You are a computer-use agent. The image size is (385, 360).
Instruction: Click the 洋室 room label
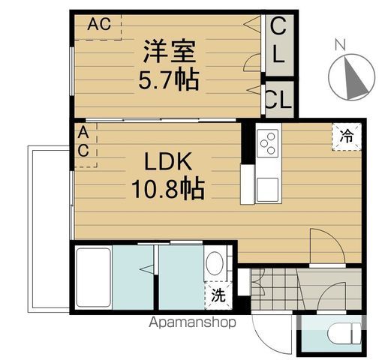coord(170,51)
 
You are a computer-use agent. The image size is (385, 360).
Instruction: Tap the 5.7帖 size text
coord(169,80)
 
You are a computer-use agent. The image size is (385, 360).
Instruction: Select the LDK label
coord(168,161)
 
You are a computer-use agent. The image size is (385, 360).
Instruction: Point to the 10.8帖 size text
coord(168,187)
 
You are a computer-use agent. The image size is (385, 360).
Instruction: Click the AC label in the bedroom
coord(99,24)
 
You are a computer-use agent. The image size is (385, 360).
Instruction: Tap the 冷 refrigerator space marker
coord(347,136)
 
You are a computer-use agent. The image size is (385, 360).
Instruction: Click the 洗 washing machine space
coord(218,295)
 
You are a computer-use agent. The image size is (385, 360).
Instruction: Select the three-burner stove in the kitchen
coord(268,143)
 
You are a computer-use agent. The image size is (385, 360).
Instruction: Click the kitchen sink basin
coord(267,190)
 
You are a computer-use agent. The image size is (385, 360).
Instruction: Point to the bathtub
coord(94,277)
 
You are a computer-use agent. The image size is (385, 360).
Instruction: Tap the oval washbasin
coord(215,263)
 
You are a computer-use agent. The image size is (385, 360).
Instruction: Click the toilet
coord(344,333)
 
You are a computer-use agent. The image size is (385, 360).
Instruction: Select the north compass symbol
coord(352,77)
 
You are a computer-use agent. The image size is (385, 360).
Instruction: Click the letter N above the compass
coord(340,44)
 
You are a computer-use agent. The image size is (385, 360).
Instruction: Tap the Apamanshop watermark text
coord(192,322)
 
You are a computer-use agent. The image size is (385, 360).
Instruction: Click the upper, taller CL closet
coord(279,45)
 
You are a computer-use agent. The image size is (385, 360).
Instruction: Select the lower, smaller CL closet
coord(279,100)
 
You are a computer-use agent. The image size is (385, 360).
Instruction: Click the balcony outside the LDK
coord(49,229)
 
